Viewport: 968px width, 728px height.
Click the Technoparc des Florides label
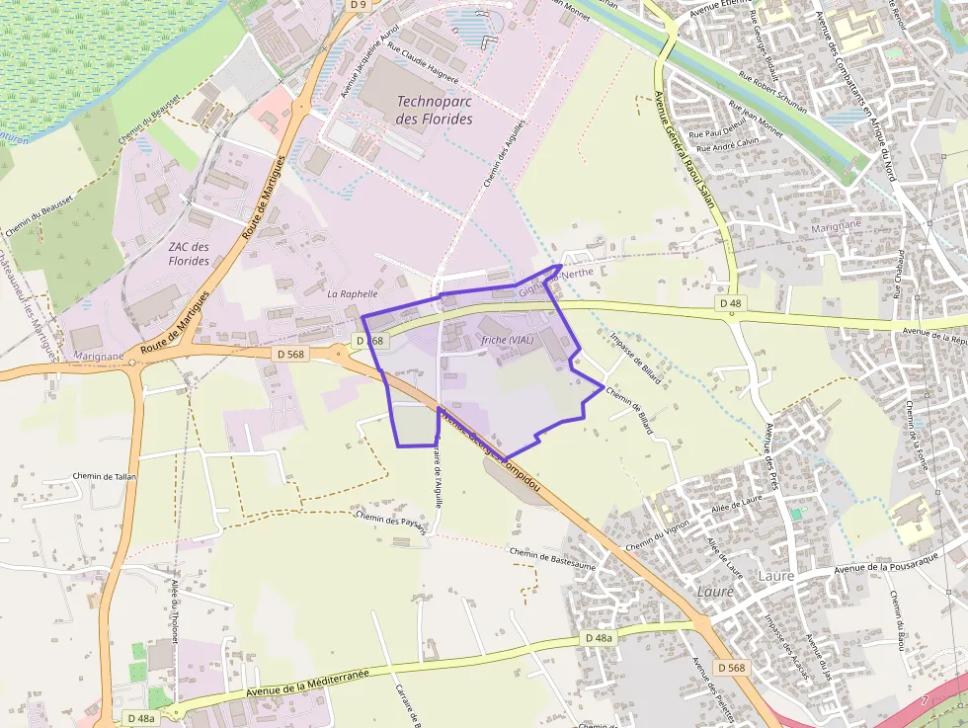[434, 110]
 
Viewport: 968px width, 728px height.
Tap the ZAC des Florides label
[189, 254]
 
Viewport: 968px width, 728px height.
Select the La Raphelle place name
[353, 294]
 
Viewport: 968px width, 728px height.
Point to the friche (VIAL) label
[508, 340]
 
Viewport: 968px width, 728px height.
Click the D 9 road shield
[358, 5]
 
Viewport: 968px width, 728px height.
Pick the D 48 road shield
[730, 302]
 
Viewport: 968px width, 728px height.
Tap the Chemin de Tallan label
[104, 476]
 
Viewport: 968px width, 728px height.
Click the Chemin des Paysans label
[391, 522]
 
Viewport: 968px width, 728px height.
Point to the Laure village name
[716, 591]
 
